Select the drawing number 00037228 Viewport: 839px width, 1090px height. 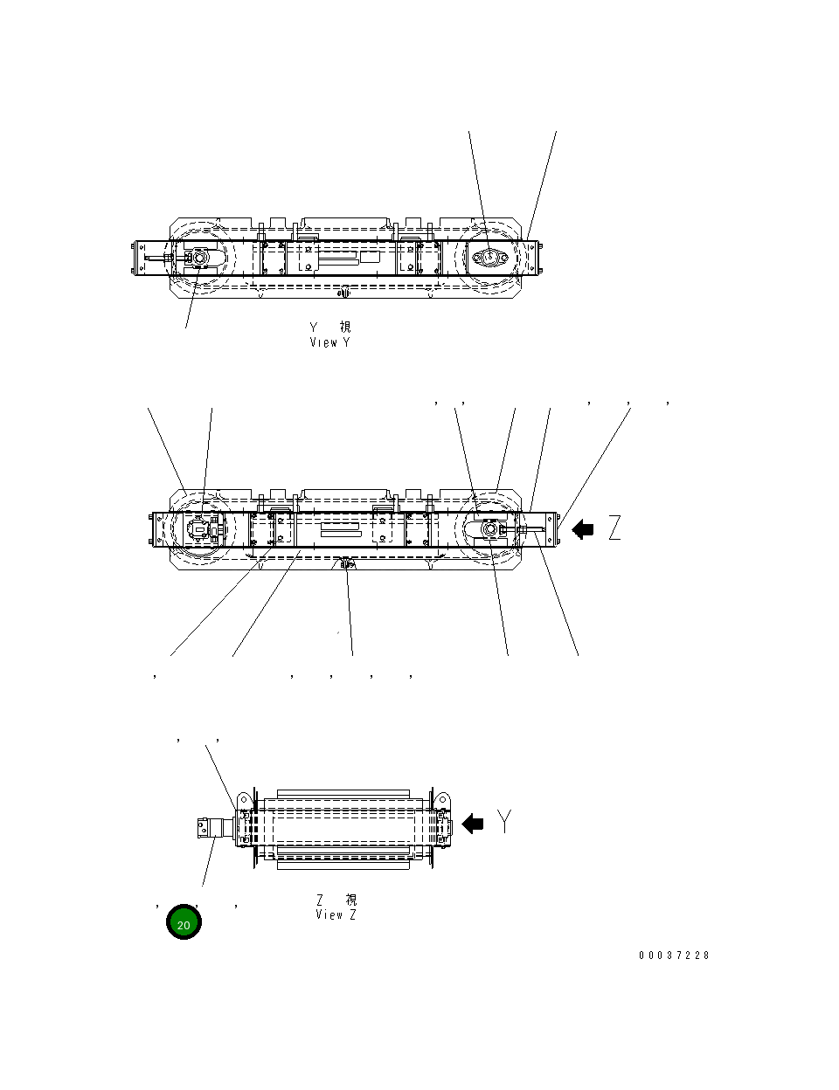(x=674, y=955)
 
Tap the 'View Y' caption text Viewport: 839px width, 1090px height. (x=329, y=342)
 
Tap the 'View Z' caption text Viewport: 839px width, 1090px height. (x=336, y=914)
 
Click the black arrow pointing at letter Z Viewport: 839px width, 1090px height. (x=582, y=529)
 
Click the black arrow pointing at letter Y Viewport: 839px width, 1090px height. (x=473, y=823)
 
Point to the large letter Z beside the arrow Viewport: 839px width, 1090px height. (x=615, y=528)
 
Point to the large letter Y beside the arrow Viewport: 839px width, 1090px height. (x=505, y=821)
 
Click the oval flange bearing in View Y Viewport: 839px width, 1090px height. (x=489, y=257)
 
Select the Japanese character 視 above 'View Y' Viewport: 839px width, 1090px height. (x=345, y=327)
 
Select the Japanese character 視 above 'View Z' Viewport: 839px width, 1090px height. (x=350, y=900)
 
